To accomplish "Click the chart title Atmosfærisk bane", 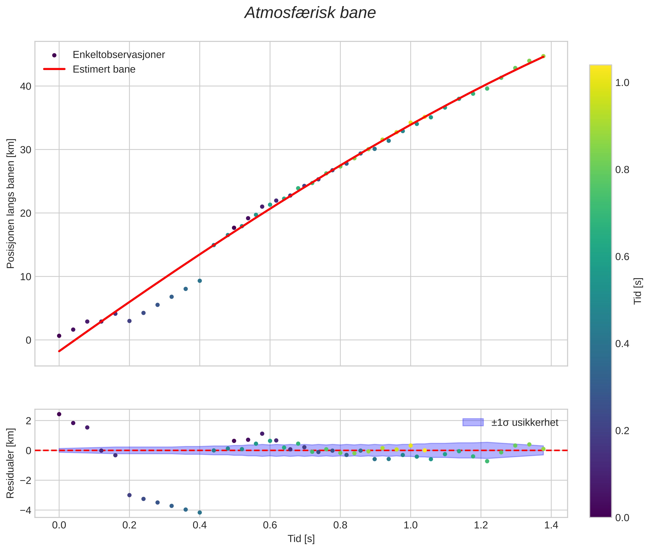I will pyautogui.click(x=310, y=13).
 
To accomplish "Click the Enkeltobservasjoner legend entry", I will pyautogui.click(x=119, y=55).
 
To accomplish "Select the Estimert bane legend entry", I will pyautogui.click(x=104, y=69).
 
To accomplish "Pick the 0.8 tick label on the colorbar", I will pyautogui.click(x=622, y=170).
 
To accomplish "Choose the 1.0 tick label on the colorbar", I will pyautogui.click(x=622, y=83).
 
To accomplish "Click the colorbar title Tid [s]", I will pyautogui.click(x=638, y=291).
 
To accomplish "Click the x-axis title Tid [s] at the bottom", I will pyautogui.click(x=301, y=539).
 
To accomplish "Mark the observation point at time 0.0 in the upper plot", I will pyautogui.click(x=59, y=336).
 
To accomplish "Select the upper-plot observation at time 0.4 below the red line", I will pyautogui.click(x=200, y=281).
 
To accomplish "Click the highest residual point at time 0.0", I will pyautogui.click(x=59, y=414).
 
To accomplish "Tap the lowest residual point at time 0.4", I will pyautogui.click(x=200, y=513).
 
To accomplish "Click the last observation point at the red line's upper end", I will pyautogui.click(x=543, y=56).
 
